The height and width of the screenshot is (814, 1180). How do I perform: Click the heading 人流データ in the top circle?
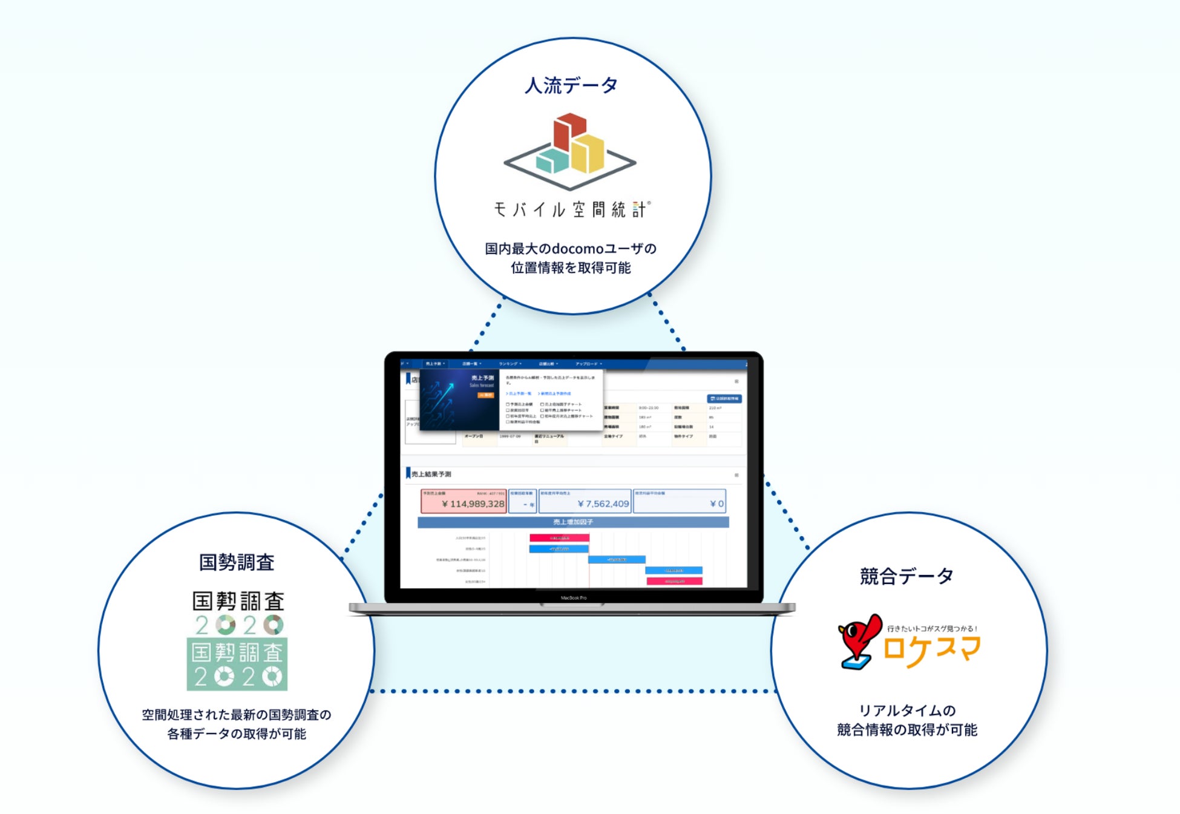pyautogui.click(x=571, y=85)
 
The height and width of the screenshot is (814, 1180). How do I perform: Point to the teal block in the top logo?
pyautogui.click(x=551, y=160)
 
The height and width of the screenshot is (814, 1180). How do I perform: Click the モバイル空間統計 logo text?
pyautogui.click(x=572, y=209)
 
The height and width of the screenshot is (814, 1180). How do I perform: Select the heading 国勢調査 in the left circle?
pyautogui.click(x=237, y=562)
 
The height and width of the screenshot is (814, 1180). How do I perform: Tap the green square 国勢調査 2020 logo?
pyautogui.click(x=237, y=665)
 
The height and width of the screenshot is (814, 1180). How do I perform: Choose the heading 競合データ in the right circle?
pyautogui.click(x=906, y=576)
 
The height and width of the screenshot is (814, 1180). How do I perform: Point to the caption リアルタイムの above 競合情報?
pyautogui.click(x=906, y=711)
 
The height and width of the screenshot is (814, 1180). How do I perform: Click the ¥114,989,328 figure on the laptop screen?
pyautogui.click(x=473, y=504)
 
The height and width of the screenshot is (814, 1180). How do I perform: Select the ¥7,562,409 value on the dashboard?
pyautogui.click(x=603, y=504)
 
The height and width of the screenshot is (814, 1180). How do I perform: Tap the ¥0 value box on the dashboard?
pyautogui.click(x=716, y=504)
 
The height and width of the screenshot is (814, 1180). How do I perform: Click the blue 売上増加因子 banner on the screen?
pyautogui.click(x=572, y=522)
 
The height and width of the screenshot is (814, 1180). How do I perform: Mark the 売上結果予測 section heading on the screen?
pyautogui.click(x=431, y=474)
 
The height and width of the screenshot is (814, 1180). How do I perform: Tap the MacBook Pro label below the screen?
pyautogui.click(x=573, y=598)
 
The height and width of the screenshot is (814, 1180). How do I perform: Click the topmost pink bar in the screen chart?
pyautogui.click(x=559, y=537)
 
